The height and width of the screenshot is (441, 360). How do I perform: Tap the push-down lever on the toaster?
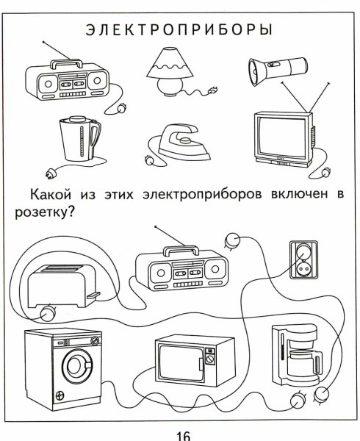93,295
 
